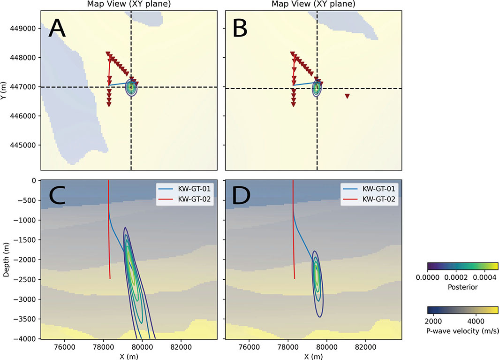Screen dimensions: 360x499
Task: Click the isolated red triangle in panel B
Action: click(347, 96)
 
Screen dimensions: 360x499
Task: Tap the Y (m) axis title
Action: click(7, 87)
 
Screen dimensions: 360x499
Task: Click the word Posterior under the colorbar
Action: click(463, 287)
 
